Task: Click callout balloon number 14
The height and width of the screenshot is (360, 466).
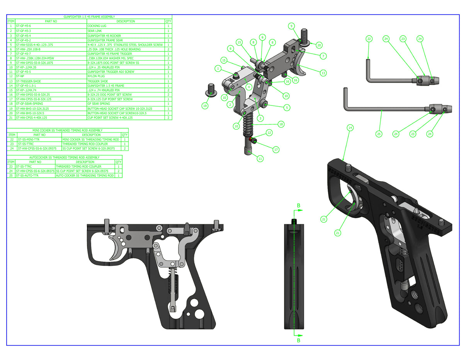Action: pyautogui.click(x=350, y=127)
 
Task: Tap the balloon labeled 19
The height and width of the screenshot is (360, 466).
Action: pyautogui.click(x=204, y=105)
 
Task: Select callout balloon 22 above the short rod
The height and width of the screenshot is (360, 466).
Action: pyautogui.click(x=369, y=39)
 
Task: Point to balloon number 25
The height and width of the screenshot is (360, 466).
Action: pyautogui.click(x=379, y=134)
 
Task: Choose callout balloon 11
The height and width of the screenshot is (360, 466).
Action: pyautogui.click(x=260, y=158)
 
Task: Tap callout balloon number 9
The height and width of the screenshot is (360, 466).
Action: pyautogui.click(x=291, y=26)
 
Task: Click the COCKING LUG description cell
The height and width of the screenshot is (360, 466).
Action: pyautogui.click(x=126, y=26)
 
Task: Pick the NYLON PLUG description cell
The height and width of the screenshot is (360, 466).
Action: pyautogui.click(x=126, y=76)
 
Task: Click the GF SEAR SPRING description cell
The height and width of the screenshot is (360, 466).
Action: pyautogui.click(x=126, y=104)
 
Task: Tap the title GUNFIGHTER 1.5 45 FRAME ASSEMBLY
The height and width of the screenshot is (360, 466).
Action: pyautogui.click(x=89, y=17)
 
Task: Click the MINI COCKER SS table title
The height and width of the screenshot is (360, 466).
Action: pyautogui.click(x=68, y=131)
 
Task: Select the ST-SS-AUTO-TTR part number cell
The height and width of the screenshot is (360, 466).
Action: pyautogui.click(x=35, y=175)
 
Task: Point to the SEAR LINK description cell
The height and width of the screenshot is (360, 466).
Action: pyautogui.click(x=126, y=31)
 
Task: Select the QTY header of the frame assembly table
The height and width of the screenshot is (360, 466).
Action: pyautogui.click(x=168, y=21)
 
